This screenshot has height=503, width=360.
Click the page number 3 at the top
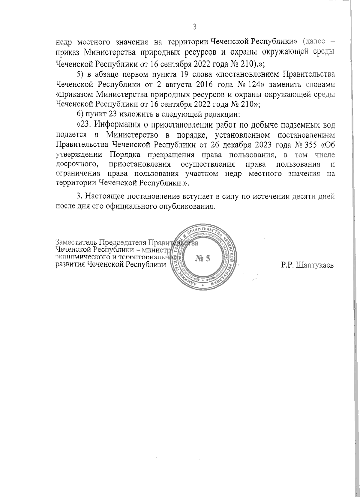point(194,27)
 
